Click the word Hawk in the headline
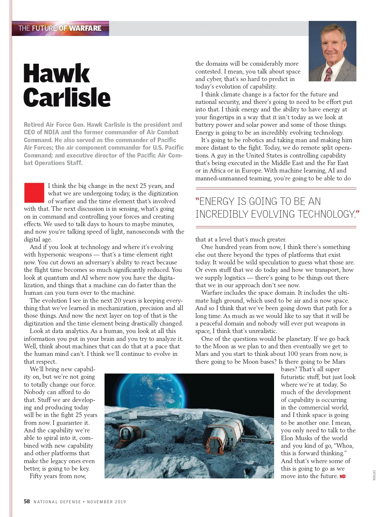57,74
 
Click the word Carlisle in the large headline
67,97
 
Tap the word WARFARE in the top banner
85,28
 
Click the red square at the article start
34,192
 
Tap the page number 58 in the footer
27,501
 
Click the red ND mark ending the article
343,476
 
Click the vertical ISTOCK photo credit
374,475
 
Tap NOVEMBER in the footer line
99,502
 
